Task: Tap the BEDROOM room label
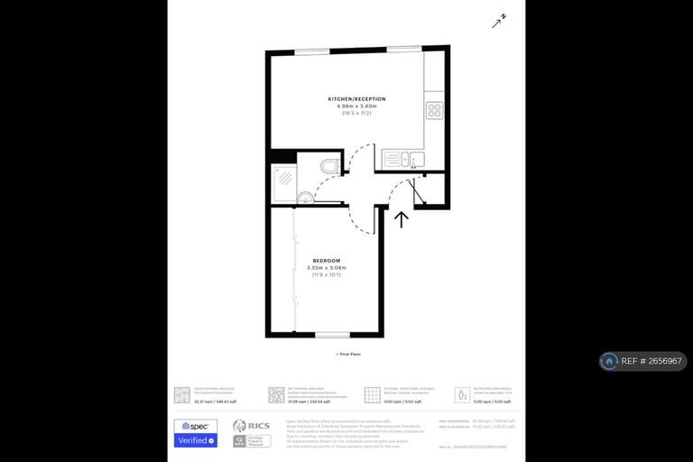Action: click(x=326, y=260)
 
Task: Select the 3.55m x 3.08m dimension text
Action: click(x=326, y=267)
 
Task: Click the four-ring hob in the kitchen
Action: click(x=434, y=111)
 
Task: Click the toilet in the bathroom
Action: click(x=329, y=165)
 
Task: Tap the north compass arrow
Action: click(x=499, y=20)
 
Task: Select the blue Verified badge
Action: click(x=195, y=440)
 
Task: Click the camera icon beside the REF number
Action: click(x=610, y=361)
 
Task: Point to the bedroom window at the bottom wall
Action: click(x=333, y=335)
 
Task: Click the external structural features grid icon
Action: click(x=371, y=394)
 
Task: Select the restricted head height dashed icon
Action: click(x=462, y=394)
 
